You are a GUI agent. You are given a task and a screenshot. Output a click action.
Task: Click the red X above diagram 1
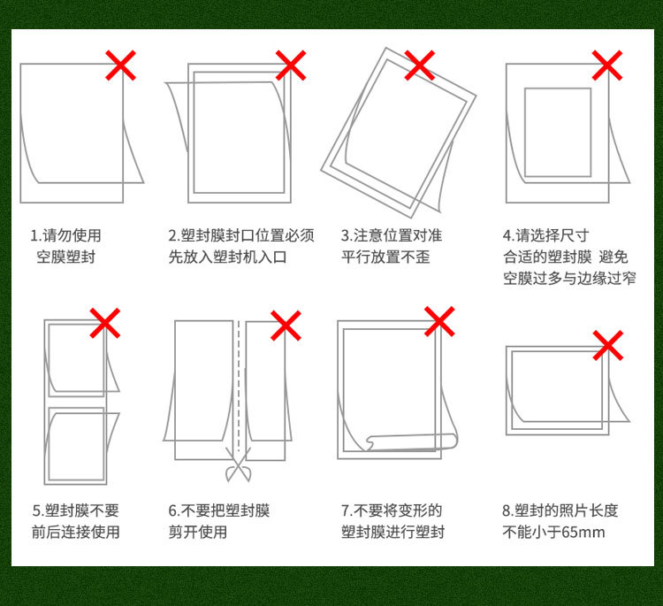pos(121,65)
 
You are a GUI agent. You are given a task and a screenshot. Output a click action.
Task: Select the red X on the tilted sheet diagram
pos(419,65)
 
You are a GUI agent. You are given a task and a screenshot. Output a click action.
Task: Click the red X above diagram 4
pos(606,65)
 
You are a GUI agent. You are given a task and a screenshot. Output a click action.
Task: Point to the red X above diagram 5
pos(105,323)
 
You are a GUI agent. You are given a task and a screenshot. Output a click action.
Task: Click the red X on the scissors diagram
pos(285,325)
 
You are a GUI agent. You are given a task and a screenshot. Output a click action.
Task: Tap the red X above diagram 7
pos(439,322)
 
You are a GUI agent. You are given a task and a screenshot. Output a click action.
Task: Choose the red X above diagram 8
pos(607,345)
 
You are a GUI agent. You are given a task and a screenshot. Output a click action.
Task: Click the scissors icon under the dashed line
pos(237,467)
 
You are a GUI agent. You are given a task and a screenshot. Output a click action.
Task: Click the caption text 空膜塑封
pos(65,257)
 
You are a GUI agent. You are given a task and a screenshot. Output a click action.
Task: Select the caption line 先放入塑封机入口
pos(227,257)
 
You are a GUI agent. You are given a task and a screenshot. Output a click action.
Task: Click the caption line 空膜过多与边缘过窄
pos(569,279)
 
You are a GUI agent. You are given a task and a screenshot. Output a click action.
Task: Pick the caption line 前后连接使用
pos(75,533)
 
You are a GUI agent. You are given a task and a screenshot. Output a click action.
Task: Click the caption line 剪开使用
pos(198,533)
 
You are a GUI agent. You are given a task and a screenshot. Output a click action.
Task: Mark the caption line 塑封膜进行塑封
pos(392,533)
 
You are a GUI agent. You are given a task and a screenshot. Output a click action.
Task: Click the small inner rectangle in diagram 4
pos(557,132)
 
